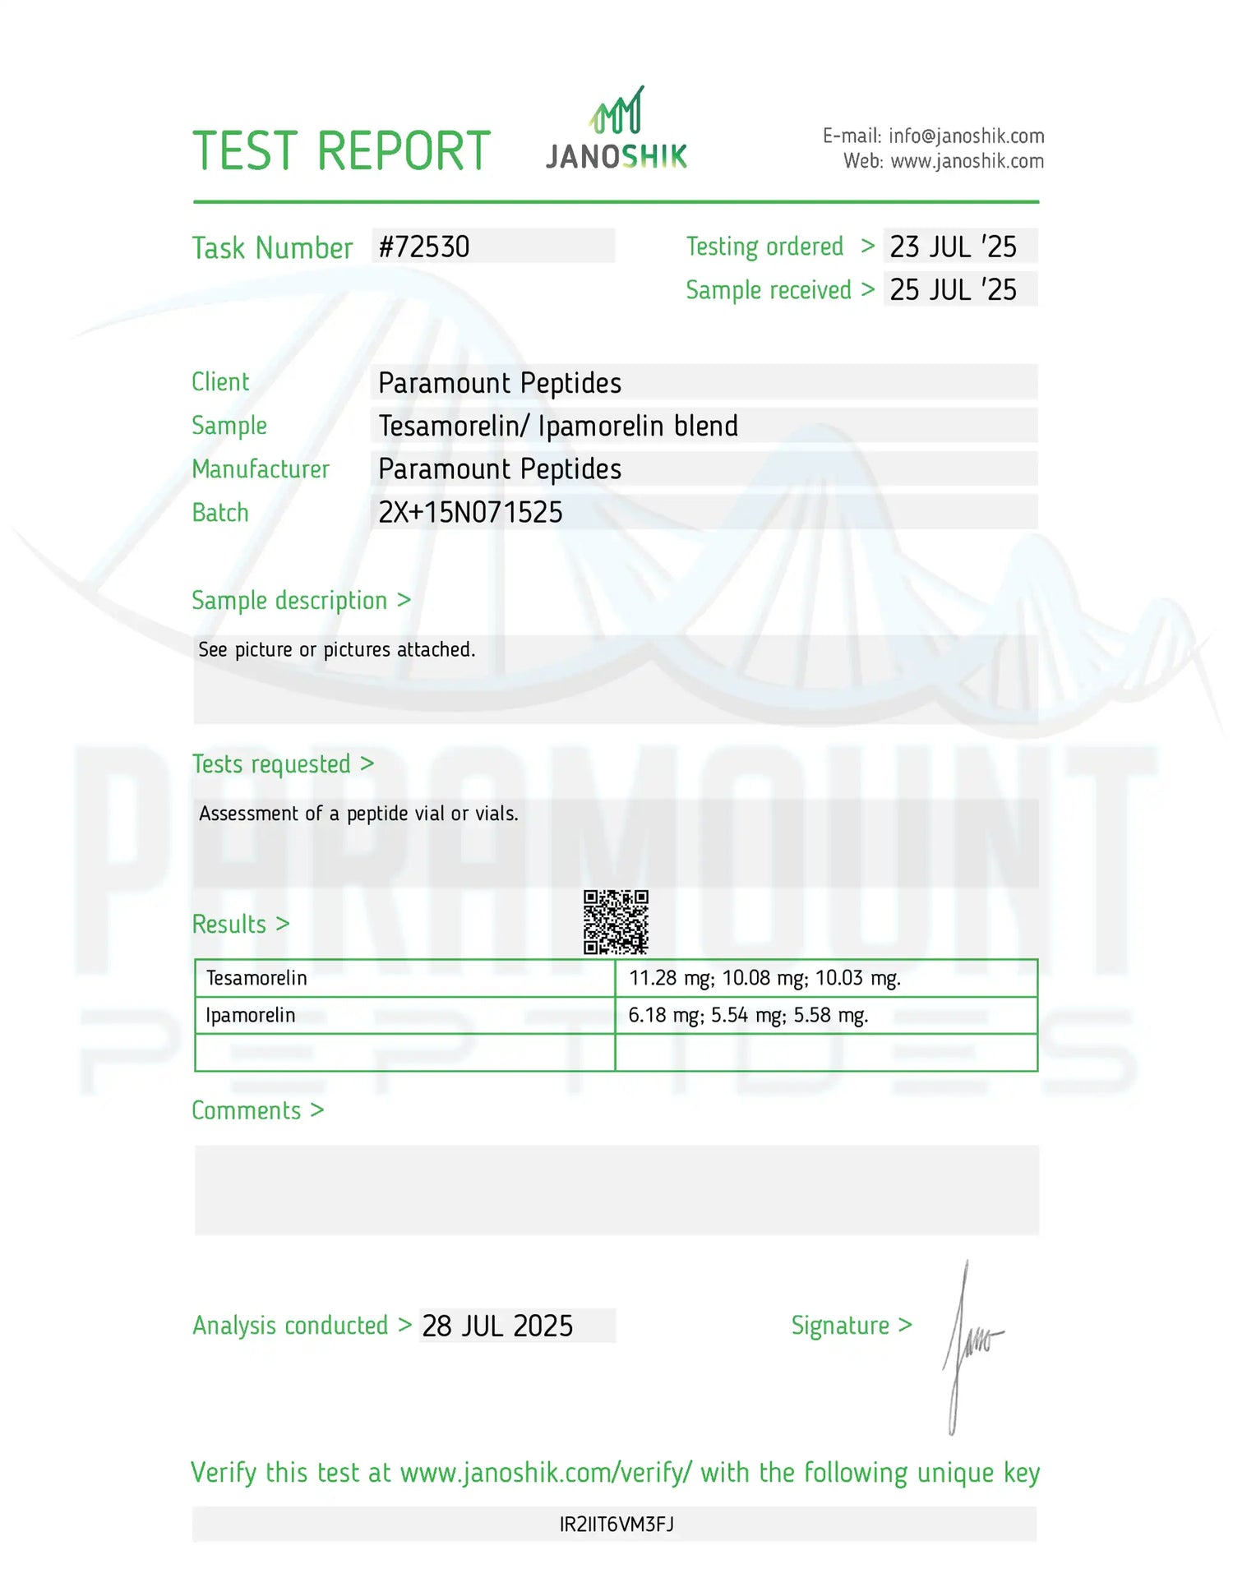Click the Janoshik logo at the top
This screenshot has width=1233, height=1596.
coord(616,131)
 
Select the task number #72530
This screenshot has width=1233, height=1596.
coord(424,247)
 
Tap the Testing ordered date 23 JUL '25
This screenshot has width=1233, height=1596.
coord(953,247)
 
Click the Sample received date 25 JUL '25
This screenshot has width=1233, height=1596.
coord(953,290)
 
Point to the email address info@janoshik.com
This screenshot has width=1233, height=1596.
coord(966,136)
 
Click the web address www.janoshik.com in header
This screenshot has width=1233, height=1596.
coord(967,161)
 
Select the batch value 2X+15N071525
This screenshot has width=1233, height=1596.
coord(470,513)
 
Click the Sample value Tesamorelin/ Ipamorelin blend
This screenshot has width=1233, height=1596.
coord(558,427)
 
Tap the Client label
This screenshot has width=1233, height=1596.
coord(220,382)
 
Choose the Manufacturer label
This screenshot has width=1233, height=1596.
coord(260,469)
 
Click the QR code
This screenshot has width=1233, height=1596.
coord(616,922)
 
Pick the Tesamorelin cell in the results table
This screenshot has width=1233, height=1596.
coord(256,978)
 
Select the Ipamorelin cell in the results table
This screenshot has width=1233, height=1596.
coord(250,1016)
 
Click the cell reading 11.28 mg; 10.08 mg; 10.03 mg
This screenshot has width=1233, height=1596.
coord(764,978)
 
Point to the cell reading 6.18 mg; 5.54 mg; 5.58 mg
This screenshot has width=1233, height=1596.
coord(748,1016)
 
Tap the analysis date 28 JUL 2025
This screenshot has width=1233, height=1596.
coord(497,1326)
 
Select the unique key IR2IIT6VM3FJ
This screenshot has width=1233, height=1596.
coord(616,1525)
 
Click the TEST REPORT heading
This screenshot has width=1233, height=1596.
coord(341,151)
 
